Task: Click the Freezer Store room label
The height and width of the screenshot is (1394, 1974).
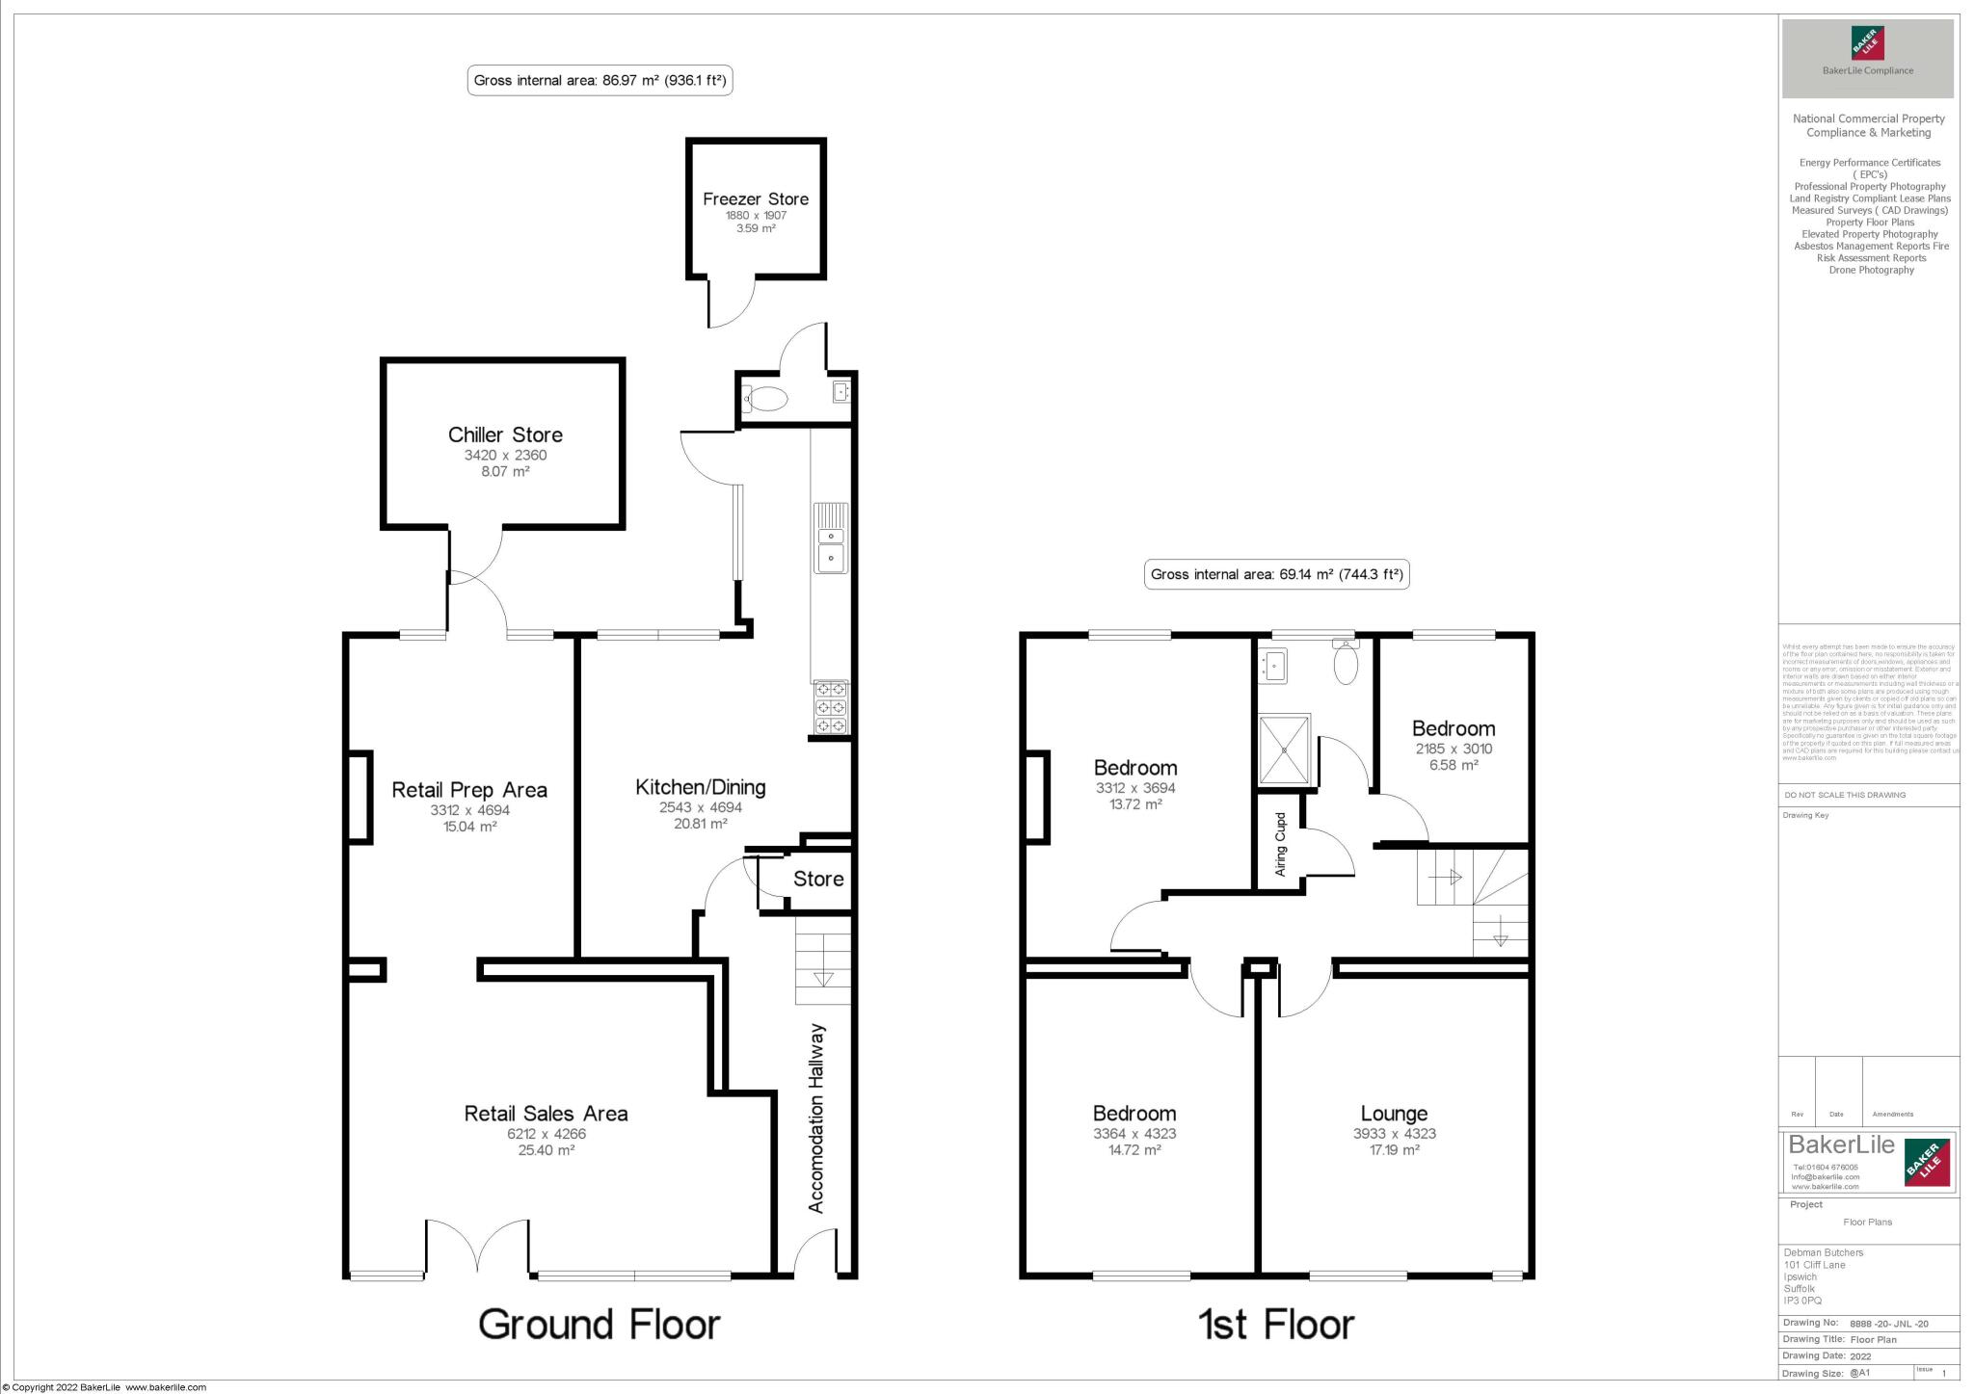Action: (756, 199)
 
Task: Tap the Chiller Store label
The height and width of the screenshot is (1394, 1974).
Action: (505, 434)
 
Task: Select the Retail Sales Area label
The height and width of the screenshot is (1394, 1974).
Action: (546, 1114)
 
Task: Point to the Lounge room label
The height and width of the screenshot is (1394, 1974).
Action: (1394, 1115)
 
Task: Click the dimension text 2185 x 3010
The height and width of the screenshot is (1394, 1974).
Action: (1454, 749)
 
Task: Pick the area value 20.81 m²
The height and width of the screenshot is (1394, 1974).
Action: (701, 824)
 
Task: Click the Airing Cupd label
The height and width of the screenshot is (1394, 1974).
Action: (1281, 845)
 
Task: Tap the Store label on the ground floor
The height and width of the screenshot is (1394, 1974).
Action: (818, 879)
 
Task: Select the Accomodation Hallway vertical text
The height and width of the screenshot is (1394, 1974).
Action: (816, 1118)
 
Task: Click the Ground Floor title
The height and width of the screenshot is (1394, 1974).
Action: (599, 1325)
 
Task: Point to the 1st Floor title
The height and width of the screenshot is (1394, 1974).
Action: (1276, 1325)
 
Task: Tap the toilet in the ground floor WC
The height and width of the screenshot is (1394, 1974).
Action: (766, 398)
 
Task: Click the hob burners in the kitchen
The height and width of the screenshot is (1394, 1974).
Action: (831, 707)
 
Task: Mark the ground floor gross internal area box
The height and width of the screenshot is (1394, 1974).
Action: (600, 81)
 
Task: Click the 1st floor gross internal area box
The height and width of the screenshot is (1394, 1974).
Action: (1277, 575)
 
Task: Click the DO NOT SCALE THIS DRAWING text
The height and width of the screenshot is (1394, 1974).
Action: (1845, 795)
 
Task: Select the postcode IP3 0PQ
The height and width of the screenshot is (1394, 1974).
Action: (1802, 1301)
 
